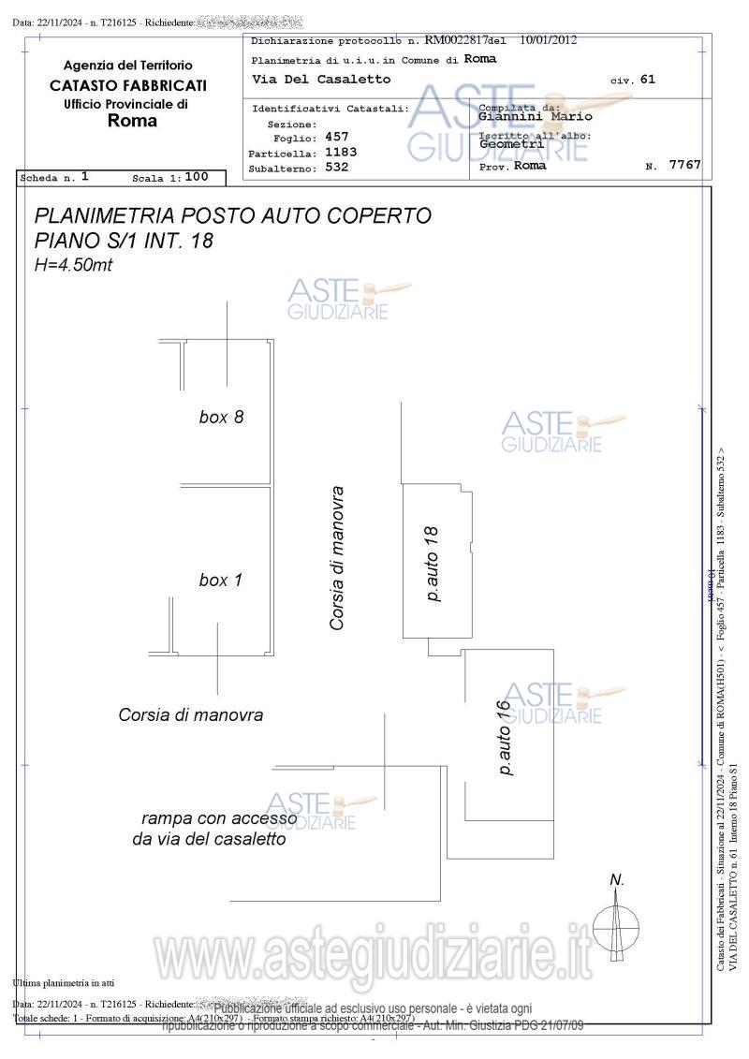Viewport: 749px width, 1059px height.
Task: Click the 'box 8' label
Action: click(221, 417)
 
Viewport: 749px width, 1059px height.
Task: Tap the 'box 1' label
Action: click(220, 581)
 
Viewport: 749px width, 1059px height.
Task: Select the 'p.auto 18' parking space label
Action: click(432, 564)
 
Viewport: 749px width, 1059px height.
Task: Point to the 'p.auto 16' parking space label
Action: click(504, 738)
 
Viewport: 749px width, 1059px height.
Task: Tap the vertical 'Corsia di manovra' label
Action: click(338, 557)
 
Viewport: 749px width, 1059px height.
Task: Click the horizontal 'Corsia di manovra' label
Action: click(190, 714)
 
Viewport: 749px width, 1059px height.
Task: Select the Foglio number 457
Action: click(336, 137)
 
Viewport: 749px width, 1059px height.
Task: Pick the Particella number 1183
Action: click(340, 152)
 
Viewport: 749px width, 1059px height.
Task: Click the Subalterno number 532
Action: click(336, 168)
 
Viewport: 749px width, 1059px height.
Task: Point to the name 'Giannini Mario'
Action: click(535, 117)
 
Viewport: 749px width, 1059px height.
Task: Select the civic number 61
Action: click(648, 80)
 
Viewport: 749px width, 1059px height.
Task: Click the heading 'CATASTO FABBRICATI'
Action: click(128, 85)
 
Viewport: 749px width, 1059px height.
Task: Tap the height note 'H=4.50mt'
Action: click(73, 265)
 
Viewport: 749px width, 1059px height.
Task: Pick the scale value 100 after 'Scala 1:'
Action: click(196, 176)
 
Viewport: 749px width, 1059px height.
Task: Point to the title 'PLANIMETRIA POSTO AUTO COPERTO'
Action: click(232, 215)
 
